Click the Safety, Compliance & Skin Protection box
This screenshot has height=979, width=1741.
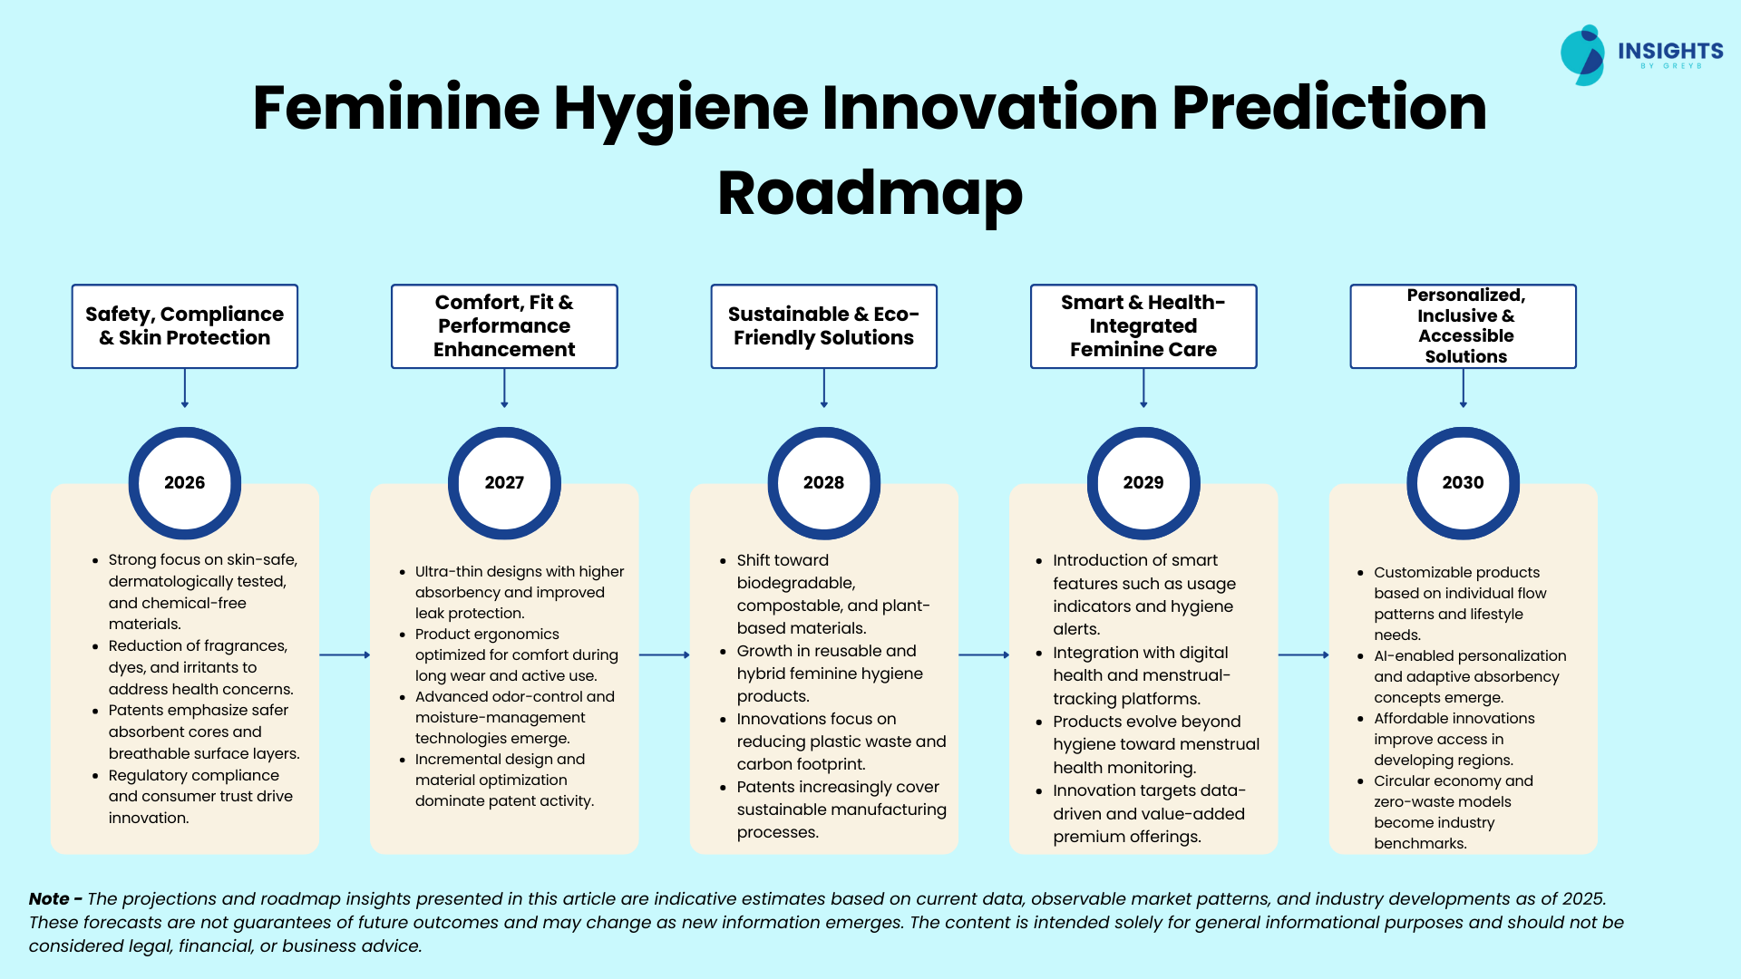185,326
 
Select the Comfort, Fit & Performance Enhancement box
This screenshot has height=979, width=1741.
504,326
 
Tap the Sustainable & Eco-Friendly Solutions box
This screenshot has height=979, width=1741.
824,326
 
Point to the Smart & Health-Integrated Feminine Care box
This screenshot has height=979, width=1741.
1143,326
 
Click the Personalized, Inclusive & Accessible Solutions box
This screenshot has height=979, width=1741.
1464,326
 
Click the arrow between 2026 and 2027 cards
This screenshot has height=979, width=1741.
345,654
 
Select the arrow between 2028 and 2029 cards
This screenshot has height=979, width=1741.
984,654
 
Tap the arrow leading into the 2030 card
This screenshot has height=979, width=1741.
1304,654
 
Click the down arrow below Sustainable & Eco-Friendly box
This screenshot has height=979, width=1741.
824,388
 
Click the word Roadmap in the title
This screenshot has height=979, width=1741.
870,194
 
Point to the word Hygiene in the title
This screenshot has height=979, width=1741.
681,109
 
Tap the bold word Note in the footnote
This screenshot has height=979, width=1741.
49,898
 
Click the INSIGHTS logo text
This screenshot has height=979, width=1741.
1670,51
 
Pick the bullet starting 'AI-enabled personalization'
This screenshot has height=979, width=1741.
1462,676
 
